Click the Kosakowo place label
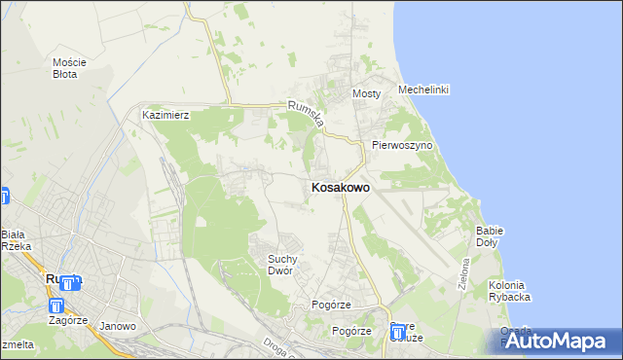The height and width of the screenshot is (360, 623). (340, 188)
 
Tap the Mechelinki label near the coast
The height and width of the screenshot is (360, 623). (423, 90)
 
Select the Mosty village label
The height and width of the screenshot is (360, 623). (365, 93)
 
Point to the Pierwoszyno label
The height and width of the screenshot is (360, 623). (401, 145)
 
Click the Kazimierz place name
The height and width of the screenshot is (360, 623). (165, 115)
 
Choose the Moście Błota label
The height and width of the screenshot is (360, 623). (70, 68)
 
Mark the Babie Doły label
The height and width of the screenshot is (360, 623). (489, 236)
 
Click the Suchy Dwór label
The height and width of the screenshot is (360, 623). (288, 264)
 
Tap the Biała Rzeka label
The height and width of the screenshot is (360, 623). (16, 240)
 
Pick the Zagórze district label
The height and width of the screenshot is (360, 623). (65, 320)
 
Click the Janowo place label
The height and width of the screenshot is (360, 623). (118, 326)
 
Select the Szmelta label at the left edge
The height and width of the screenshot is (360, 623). (17, 344)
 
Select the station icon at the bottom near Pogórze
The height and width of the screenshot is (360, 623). (398, 334)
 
